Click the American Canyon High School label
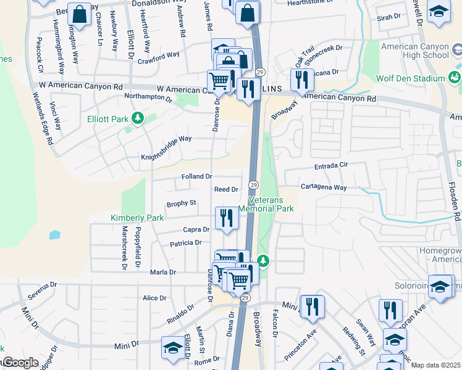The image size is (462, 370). pyautogui.click(x=414, y=51)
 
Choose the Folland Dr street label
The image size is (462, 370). pyautogui.click(x=197, y=176)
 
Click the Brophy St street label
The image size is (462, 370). pyautogui.click(x=182, y=203)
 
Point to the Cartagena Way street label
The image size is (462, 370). pyautogui.click(x=324, y=186)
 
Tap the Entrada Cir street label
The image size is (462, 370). pyautogui.click(x=332, y=165)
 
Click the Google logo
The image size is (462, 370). pyautogui.click(x=20, y=363)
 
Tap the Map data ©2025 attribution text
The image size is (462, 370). pyautogui.click(x=435, y=365)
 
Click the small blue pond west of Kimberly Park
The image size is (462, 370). pyautogui.click(x=55, y=235)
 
